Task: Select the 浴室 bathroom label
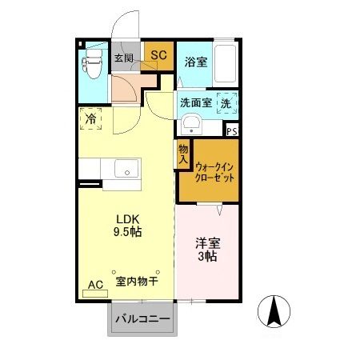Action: (196, 61)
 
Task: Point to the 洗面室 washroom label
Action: (195, 102)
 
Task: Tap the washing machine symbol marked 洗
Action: (226, 103)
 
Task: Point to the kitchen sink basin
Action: (126, 170)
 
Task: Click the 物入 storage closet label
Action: (183, 154)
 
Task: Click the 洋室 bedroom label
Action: (207, 243)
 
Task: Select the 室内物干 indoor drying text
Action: (136, 282)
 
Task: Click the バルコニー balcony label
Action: (142, 319)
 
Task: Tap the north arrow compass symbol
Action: (274, 311)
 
